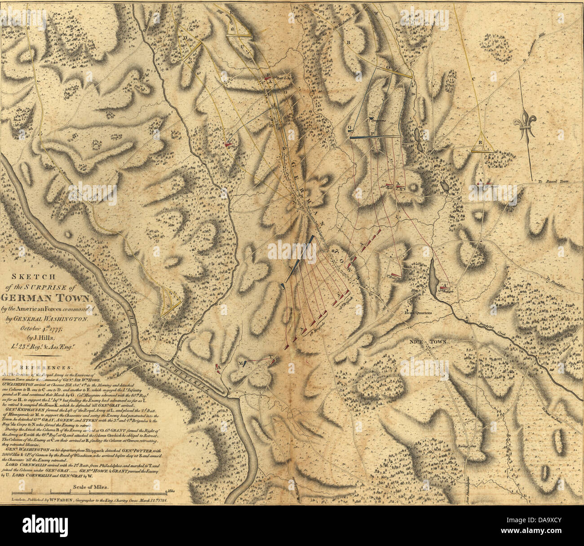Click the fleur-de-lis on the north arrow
[526, 127]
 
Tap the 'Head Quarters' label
[417, 313]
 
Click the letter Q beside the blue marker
[349, 127]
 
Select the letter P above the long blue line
[372, 133]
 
